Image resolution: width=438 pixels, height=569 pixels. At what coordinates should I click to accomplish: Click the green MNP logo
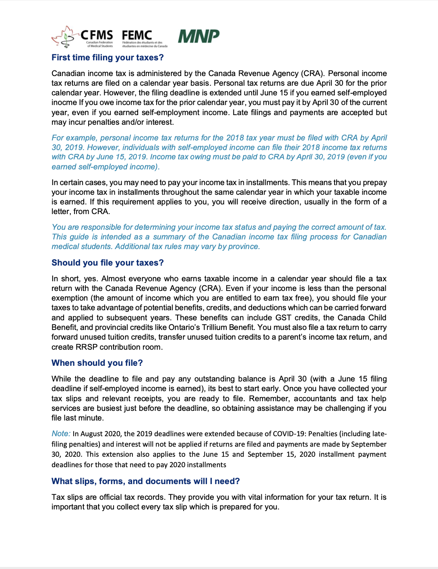pyautogui.click(x=198, y=36)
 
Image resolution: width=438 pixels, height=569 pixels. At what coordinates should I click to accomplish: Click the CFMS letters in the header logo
pyautogui.click(x=97, y=35)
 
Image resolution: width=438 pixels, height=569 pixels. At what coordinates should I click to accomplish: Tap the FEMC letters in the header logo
pyautogui.click(x=137, y=35)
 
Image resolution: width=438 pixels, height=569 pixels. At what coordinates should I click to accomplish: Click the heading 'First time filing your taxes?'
pyautogui.click(x=107, y=58)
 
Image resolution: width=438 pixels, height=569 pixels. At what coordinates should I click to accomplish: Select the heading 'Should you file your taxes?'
pyautogui.click(x=107, y=263)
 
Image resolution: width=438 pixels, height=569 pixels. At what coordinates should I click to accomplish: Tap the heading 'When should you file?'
pyautogui.click(x=97, y=363)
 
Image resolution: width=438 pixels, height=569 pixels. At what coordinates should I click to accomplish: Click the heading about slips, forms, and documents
pyautogui.click(x=145, y=481)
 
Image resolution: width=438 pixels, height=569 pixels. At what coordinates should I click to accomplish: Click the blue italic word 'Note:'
pyautogui.click(x=61, y=433)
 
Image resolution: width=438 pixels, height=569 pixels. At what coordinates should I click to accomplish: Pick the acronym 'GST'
pyautogui.click(x=283, y=317)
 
